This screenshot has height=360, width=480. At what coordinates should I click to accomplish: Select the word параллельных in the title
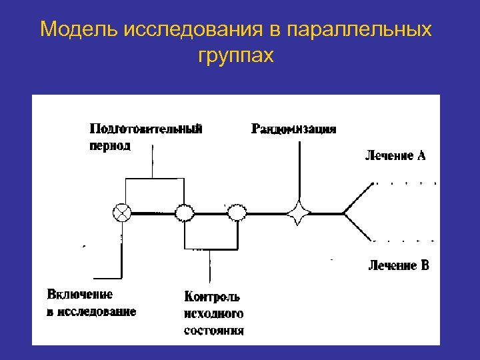[x=361, y=30]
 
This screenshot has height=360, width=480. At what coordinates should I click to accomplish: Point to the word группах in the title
[x=235, y=56]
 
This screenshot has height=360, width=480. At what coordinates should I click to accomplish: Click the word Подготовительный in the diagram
[x=146, y=129]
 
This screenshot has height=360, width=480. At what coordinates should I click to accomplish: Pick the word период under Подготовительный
[x=110, y=145]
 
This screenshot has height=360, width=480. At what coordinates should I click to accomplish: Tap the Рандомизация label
[x=293, y=129]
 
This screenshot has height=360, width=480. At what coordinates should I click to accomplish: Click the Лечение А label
[x=395, y=157]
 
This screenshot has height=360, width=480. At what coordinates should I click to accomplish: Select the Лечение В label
[x=399, y=266]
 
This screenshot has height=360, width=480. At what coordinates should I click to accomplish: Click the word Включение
[x=80, y=294]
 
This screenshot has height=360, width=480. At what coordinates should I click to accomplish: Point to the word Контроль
[x=212, y=297]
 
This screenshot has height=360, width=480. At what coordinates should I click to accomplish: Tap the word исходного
[x=213, y=313]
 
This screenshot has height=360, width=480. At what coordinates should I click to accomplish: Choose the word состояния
[x=214, y=330]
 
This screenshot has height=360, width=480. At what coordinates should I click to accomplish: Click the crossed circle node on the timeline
[x=123, y=213]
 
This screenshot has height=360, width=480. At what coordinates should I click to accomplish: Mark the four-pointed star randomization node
[x=298, y=213]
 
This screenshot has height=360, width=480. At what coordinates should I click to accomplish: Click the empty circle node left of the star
[x=236, y=213]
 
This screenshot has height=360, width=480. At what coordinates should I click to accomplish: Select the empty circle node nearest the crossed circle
[x=184, y=213]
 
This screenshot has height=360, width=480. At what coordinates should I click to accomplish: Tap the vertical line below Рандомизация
[x=298, y=170]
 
